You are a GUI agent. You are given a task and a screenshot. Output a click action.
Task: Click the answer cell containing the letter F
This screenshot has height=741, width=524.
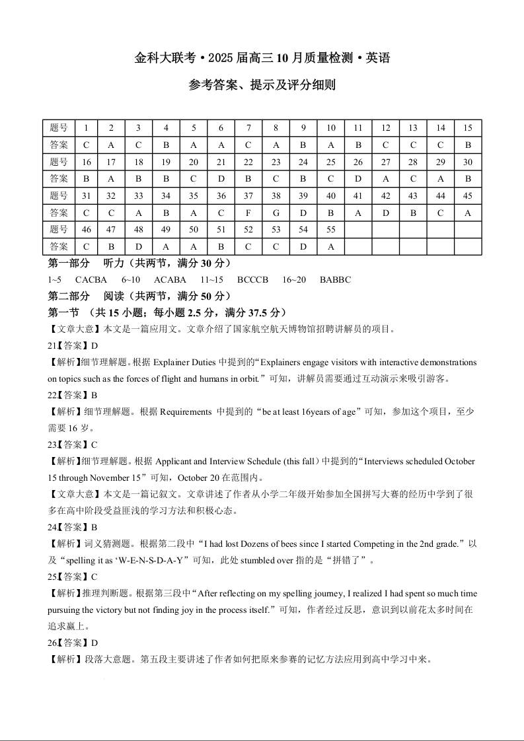pos(248,213)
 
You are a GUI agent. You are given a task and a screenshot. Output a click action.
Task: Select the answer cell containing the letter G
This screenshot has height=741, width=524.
pos(276,213)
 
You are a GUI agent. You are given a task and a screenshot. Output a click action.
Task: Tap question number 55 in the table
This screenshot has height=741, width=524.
pos(331,229)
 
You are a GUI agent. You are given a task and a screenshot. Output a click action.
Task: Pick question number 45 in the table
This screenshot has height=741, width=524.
pos(468,195)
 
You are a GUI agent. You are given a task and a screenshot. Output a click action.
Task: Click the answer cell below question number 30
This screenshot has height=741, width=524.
pos(468,178)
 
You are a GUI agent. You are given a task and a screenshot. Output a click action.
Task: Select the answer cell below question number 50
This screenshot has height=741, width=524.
pos(194,246)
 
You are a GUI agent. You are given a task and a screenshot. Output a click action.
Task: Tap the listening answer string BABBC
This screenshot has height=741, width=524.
pos(335,279)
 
